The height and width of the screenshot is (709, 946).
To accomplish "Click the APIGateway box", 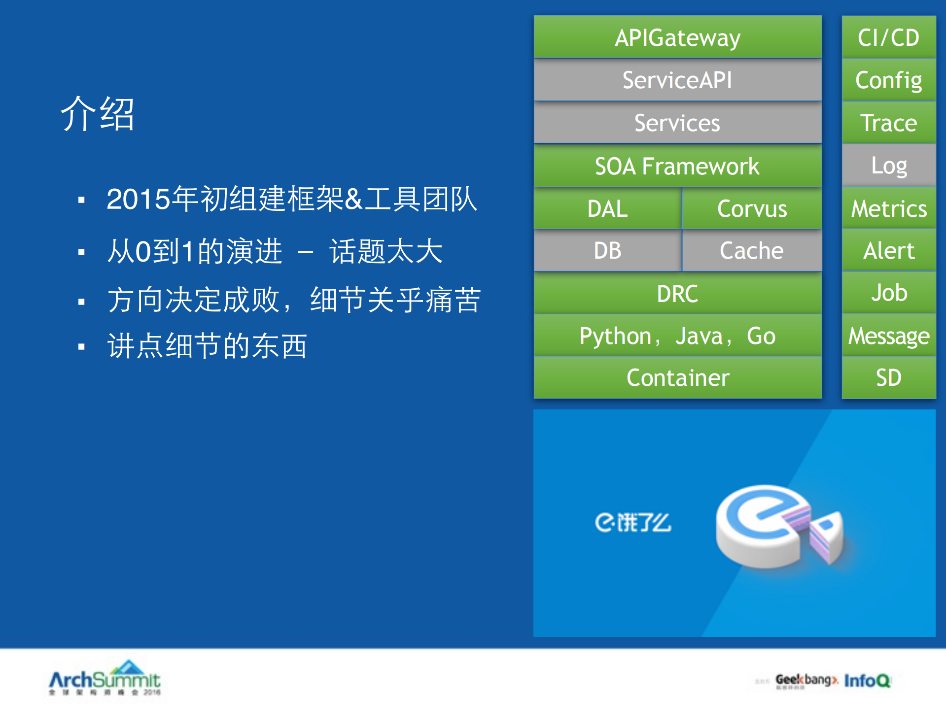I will [x=677, y=37].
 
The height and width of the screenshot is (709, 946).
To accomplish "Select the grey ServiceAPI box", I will [x=677, y=80].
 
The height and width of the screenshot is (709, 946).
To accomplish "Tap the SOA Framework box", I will [x=677, y=166].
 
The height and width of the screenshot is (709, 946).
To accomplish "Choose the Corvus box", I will [x=752, y=208].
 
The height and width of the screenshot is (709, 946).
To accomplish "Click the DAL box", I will [x=607, y=208].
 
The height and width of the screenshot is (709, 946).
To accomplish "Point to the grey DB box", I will [x=607, y=251].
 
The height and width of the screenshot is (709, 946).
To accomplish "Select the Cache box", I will [x=752, y=251].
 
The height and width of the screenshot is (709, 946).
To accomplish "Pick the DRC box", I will [x=677, y=294].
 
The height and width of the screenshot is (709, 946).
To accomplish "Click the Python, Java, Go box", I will [x=677, y=336].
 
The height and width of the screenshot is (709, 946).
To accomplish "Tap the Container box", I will [x=677, y=378].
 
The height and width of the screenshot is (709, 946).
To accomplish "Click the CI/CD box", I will [x=888, y=37].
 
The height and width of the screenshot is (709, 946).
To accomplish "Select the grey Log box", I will [x=888, y=166].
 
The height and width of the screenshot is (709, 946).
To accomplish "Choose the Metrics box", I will [x=888, y=208].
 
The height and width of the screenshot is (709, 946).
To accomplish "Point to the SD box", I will [x=888, y=378].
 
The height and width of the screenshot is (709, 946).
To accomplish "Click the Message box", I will [x=888, y=336].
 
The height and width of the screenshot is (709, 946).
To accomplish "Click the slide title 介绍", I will [x=98, y=114].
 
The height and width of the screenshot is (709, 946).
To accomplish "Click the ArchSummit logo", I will [x=105, y=678].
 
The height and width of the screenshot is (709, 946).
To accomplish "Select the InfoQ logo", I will [x=867, y=680].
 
